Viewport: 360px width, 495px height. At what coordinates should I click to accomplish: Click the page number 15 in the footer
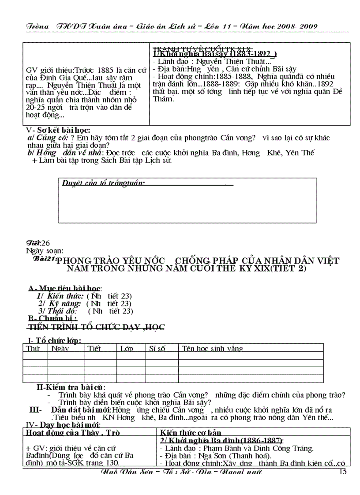[342, 473]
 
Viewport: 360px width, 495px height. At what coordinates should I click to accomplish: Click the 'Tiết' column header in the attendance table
[106, 348]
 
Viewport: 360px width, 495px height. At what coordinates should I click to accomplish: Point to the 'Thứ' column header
[33, 348]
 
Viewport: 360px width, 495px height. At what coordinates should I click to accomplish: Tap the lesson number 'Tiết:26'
[37, 243]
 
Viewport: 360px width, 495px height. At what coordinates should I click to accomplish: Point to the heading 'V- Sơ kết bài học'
[58, 130]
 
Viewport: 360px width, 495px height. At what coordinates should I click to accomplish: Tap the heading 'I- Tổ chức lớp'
[55, 340]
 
